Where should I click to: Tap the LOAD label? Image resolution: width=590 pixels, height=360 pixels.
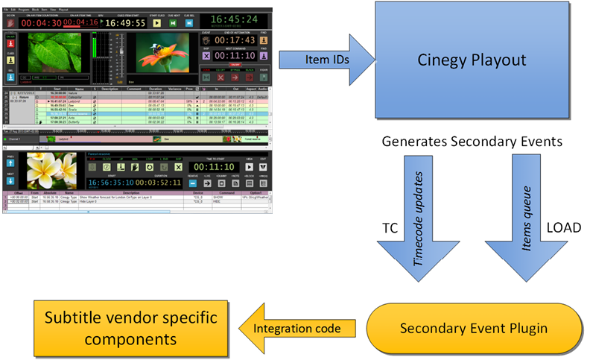coord(565,228)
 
